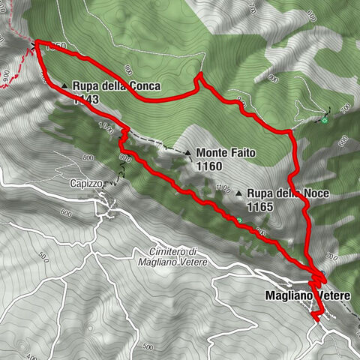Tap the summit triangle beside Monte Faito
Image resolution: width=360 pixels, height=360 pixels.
(187, 152)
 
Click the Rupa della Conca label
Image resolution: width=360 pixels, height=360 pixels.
(116, 85)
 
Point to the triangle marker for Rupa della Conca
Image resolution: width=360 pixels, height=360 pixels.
(65, 85)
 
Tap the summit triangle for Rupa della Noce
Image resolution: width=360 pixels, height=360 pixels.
(238, 193)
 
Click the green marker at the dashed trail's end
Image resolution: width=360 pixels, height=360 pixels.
(325, 118)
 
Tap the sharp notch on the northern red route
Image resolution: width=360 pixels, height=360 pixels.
(199, 75)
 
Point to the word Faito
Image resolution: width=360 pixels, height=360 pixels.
(241, 152)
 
